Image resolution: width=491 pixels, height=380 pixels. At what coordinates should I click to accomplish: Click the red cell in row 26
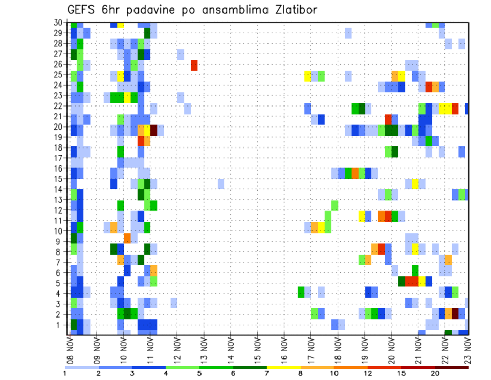(194, 66)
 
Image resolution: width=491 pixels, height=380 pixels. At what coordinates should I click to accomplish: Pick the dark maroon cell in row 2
(455, 313)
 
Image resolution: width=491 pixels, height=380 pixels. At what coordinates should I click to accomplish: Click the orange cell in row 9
(127, 238)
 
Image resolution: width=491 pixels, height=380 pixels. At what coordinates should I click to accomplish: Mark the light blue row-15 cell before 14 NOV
(220, 183)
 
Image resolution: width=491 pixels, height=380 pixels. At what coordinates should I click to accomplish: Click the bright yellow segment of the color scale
(283, 367)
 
